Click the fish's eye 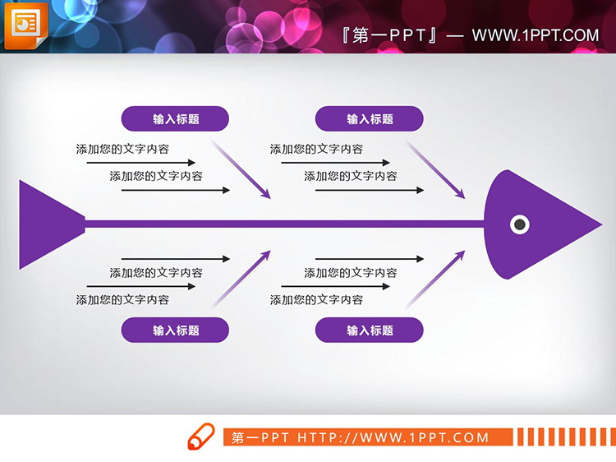(x=519, y=224)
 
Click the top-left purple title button (x=175, y=119)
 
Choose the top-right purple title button (x=370, y=119)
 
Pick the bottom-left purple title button (x=175, y=330)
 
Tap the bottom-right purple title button (x=370, y=330)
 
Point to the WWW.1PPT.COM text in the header (x=536, y=35)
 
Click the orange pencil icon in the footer (x=200, y=437)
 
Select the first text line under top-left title (x=122, y=149)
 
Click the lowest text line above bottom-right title (x=316, y=300)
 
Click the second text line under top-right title (x=351, y=176)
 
